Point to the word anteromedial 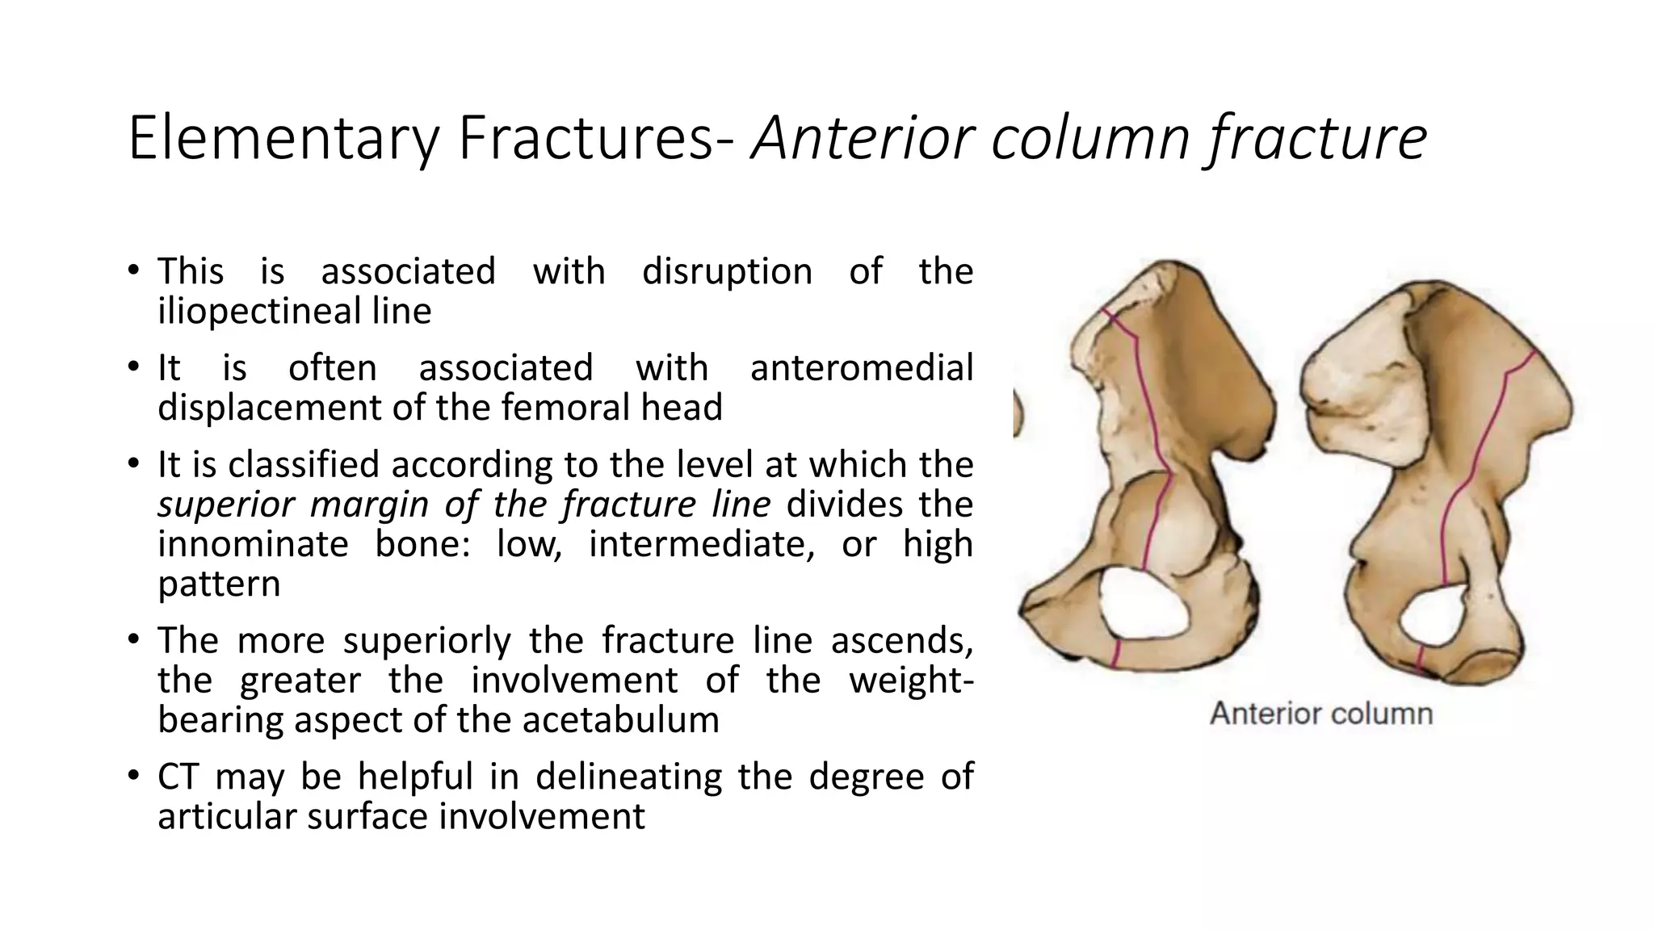[x=861, y=368]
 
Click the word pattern [x=219, y=584]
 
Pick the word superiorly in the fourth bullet [x=427, y=641]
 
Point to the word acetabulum [x=620, y=720]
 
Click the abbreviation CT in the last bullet [x=178, y=777]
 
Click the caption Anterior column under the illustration [x=1320, y=714]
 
